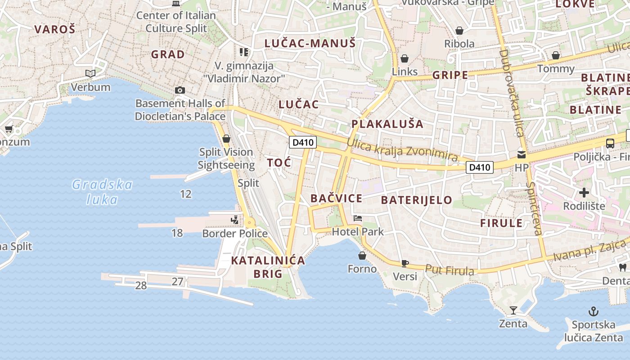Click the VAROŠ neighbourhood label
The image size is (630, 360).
pyautogui.click(x=55, y=30)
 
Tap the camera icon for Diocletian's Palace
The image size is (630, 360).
pyautogui.click(x=180, y=90)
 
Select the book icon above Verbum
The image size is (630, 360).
pyautogui.click(x=90, y=73)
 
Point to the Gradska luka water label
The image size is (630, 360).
pyautogui.click(x=103, y=192)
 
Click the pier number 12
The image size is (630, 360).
pyautogui.click(x=185, y=194)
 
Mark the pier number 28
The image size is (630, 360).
pyautogui.click(x=141, y=285)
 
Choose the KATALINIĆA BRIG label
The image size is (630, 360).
pyautogui.click(x=268, y=267)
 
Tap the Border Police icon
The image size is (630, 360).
pyautogui.click(x=234, y=220)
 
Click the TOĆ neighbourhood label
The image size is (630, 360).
pyautogui.click(x=279, y=162)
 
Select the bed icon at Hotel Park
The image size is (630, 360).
pyautogui.click(x=358, y=218)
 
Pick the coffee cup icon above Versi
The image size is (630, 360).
pyautogui.click(x=405, y=263)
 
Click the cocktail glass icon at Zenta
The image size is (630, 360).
pyautogui.click(x=513, y=310)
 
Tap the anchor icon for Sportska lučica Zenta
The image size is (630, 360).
pyautogui.click(x=594, y=311)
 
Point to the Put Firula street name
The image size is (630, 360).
pyautogui.click(x=450, y=270)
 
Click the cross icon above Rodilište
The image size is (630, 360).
pyautogui.click(x=584, y=193)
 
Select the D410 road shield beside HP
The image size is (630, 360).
pyautogui.click(x=479, y=167)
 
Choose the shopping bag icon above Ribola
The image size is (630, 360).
pyautogui.click(x=459, y=31)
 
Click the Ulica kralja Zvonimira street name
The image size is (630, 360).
pyautogui.click(x=402, y=150)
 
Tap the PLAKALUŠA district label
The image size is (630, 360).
pyautogui.click(x=387, y=124)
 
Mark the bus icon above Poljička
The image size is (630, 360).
pyautogui.click(x=610, y=144)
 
